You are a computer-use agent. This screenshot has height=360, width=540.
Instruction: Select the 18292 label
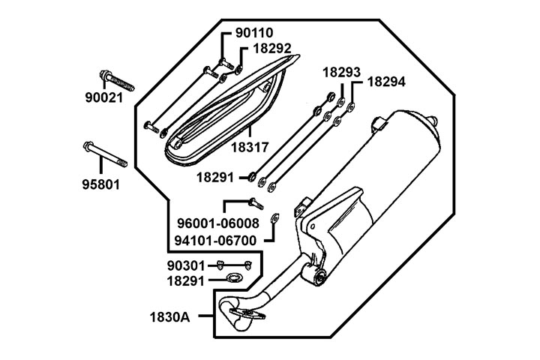point(271,49)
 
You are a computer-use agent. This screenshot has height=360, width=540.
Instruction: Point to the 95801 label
point(100,183)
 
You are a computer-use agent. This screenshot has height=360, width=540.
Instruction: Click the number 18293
point(343,73)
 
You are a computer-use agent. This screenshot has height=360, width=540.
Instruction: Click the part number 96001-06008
point(217,223)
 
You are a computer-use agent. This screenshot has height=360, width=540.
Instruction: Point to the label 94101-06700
point(216,241)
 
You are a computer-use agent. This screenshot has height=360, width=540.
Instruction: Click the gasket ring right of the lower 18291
point(234,280)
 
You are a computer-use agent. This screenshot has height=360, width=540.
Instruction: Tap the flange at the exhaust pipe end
point(244,316)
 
